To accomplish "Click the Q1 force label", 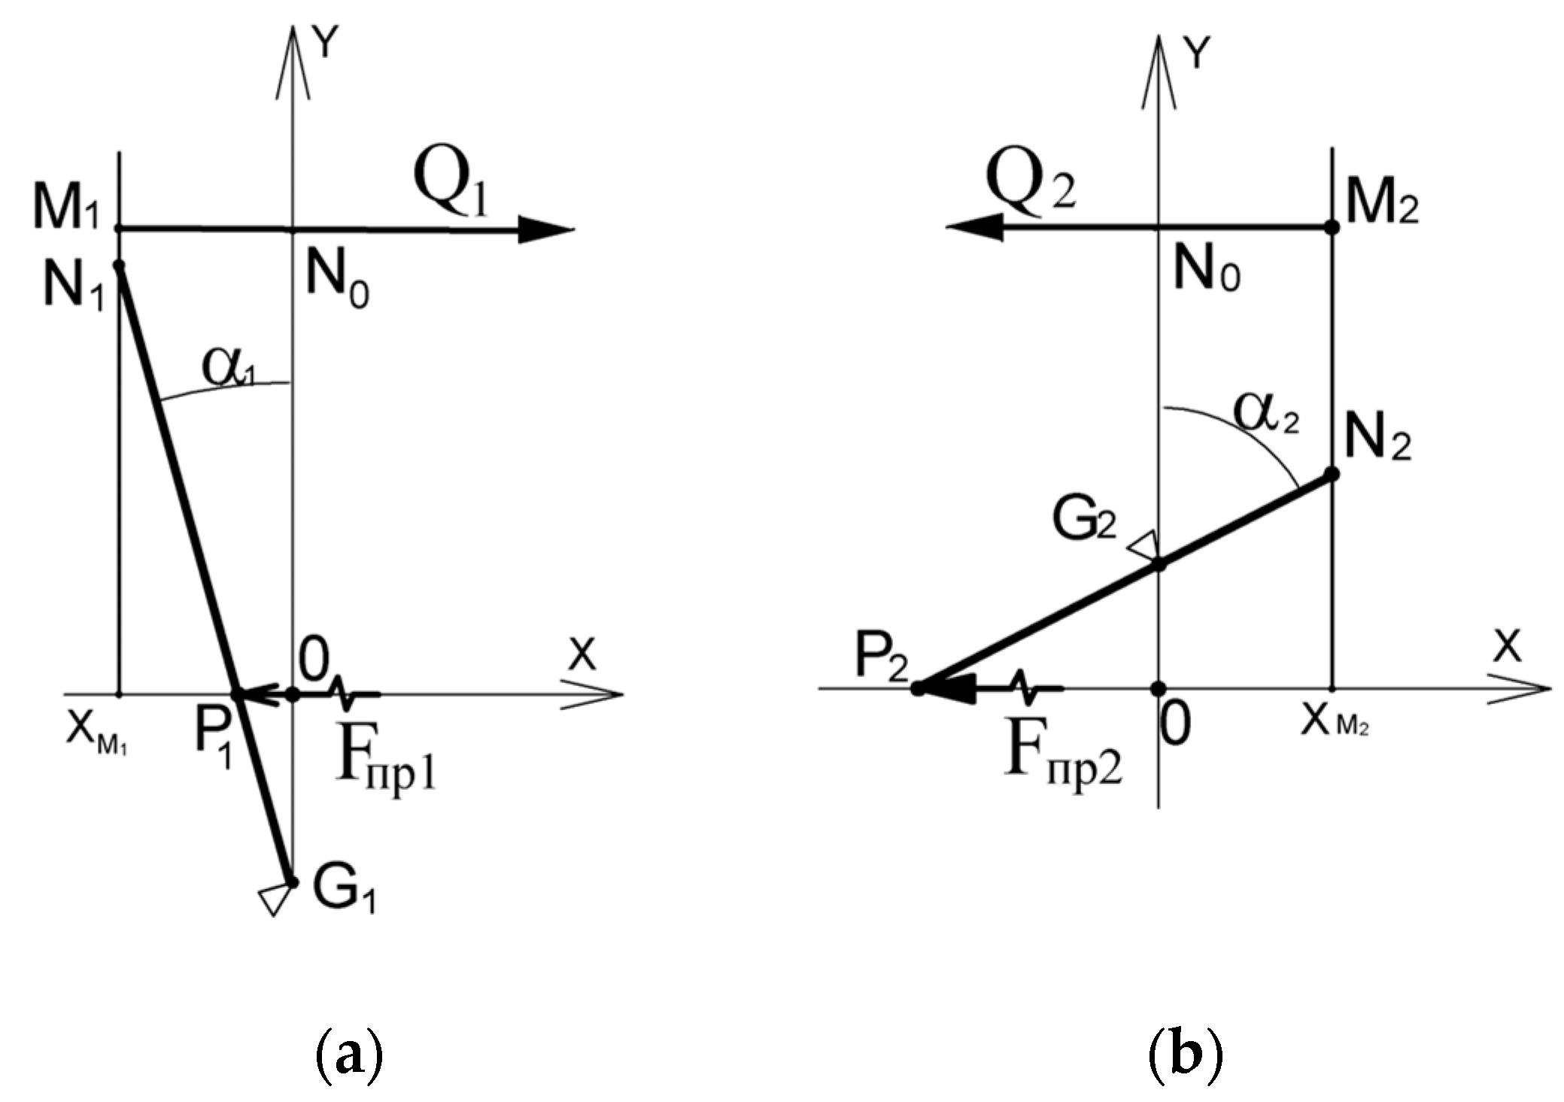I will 451,189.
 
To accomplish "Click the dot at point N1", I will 118,265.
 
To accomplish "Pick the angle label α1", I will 228,366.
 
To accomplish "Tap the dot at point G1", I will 293,882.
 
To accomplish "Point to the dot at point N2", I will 1331,474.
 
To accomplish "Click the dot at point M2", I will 1331,226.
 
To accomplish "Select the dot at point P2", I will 918,688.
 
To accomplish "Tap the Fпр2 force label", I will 1063,760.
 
